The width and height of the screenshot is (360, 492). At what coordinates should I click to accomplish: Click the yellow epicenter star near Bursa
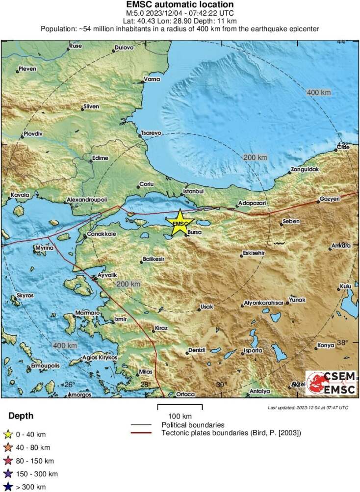(180, 222)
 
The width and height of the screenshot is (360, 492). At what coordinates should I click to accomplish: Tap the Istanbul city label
(193, 191)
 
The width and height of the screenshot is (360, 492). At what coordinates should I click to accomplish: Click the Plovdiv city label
(33, 134)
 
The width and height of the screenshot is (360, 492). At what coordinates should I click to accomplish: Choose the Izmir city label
(121, 319)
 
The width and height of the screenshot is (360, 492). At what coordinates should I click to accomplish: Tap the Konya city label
(326, 345)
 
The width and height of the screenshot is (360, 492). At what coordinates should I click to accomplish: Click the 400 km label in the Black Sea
(319, 92)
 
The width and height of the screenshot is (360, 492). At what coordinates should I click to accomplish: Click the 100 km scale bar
(180, 407)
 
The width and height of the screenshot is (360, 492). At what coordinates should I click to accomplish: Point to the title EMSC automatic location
(180, 5)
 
